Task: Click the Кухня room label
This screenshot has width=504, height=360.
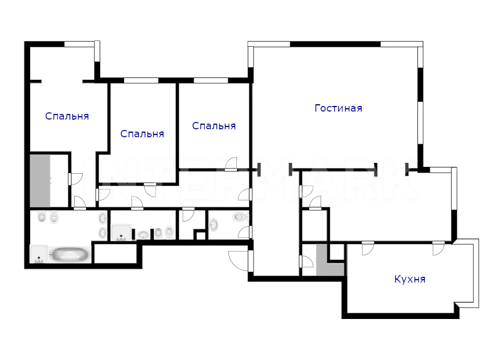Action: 410,279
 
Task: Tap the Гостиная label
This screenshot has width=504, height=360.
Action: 338,108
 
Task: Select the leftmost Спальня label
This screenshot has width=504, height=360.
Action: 67,116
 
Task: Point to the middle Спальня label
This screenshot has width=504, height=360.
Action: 142,134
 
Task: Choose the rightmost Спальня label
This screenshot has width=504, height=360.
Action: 214,126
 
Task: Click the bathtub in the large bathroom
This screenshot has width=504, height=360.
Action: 69,255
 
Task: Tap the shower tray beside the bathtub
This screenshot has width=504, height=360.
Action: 39,254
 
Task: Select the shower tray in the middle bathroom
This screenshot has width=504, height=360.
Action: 121,232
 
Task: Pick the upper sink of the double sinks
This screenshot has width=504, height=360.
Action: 103,219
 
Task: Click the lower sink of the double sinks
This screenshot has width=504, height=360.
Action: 103,233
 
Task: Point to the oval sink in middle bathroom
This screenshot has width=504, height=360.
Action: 144,235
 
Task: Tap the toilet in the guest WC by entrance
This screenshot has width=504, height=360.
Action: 239,217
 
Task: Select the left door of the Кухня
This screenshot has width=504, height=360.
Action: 368,248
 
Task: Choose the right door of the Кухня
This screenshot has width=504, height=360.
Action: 438,248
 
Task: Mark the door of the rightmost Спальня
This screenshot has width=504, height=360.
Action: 231,163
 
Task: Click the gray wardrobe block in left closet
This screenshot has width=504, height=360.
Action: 40,181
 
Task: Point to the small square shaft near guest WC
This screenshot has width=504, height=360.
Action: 200,236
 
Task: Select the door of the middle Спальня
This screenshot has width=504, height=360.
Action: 150,190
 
